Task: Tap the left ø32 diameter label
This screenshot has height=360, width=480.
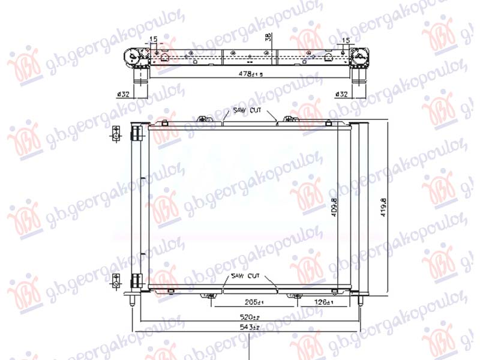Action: [124, 94]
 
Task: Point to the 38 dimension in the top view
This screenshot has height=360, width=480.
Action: [268, 38]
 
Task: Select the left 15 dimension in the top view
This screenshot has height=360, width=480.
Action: [153, 40]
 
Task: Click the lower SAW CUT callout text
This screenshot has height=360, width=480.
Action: [245, 277]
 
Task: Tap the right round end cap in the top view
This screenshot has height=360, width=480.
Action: [361, 58]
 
